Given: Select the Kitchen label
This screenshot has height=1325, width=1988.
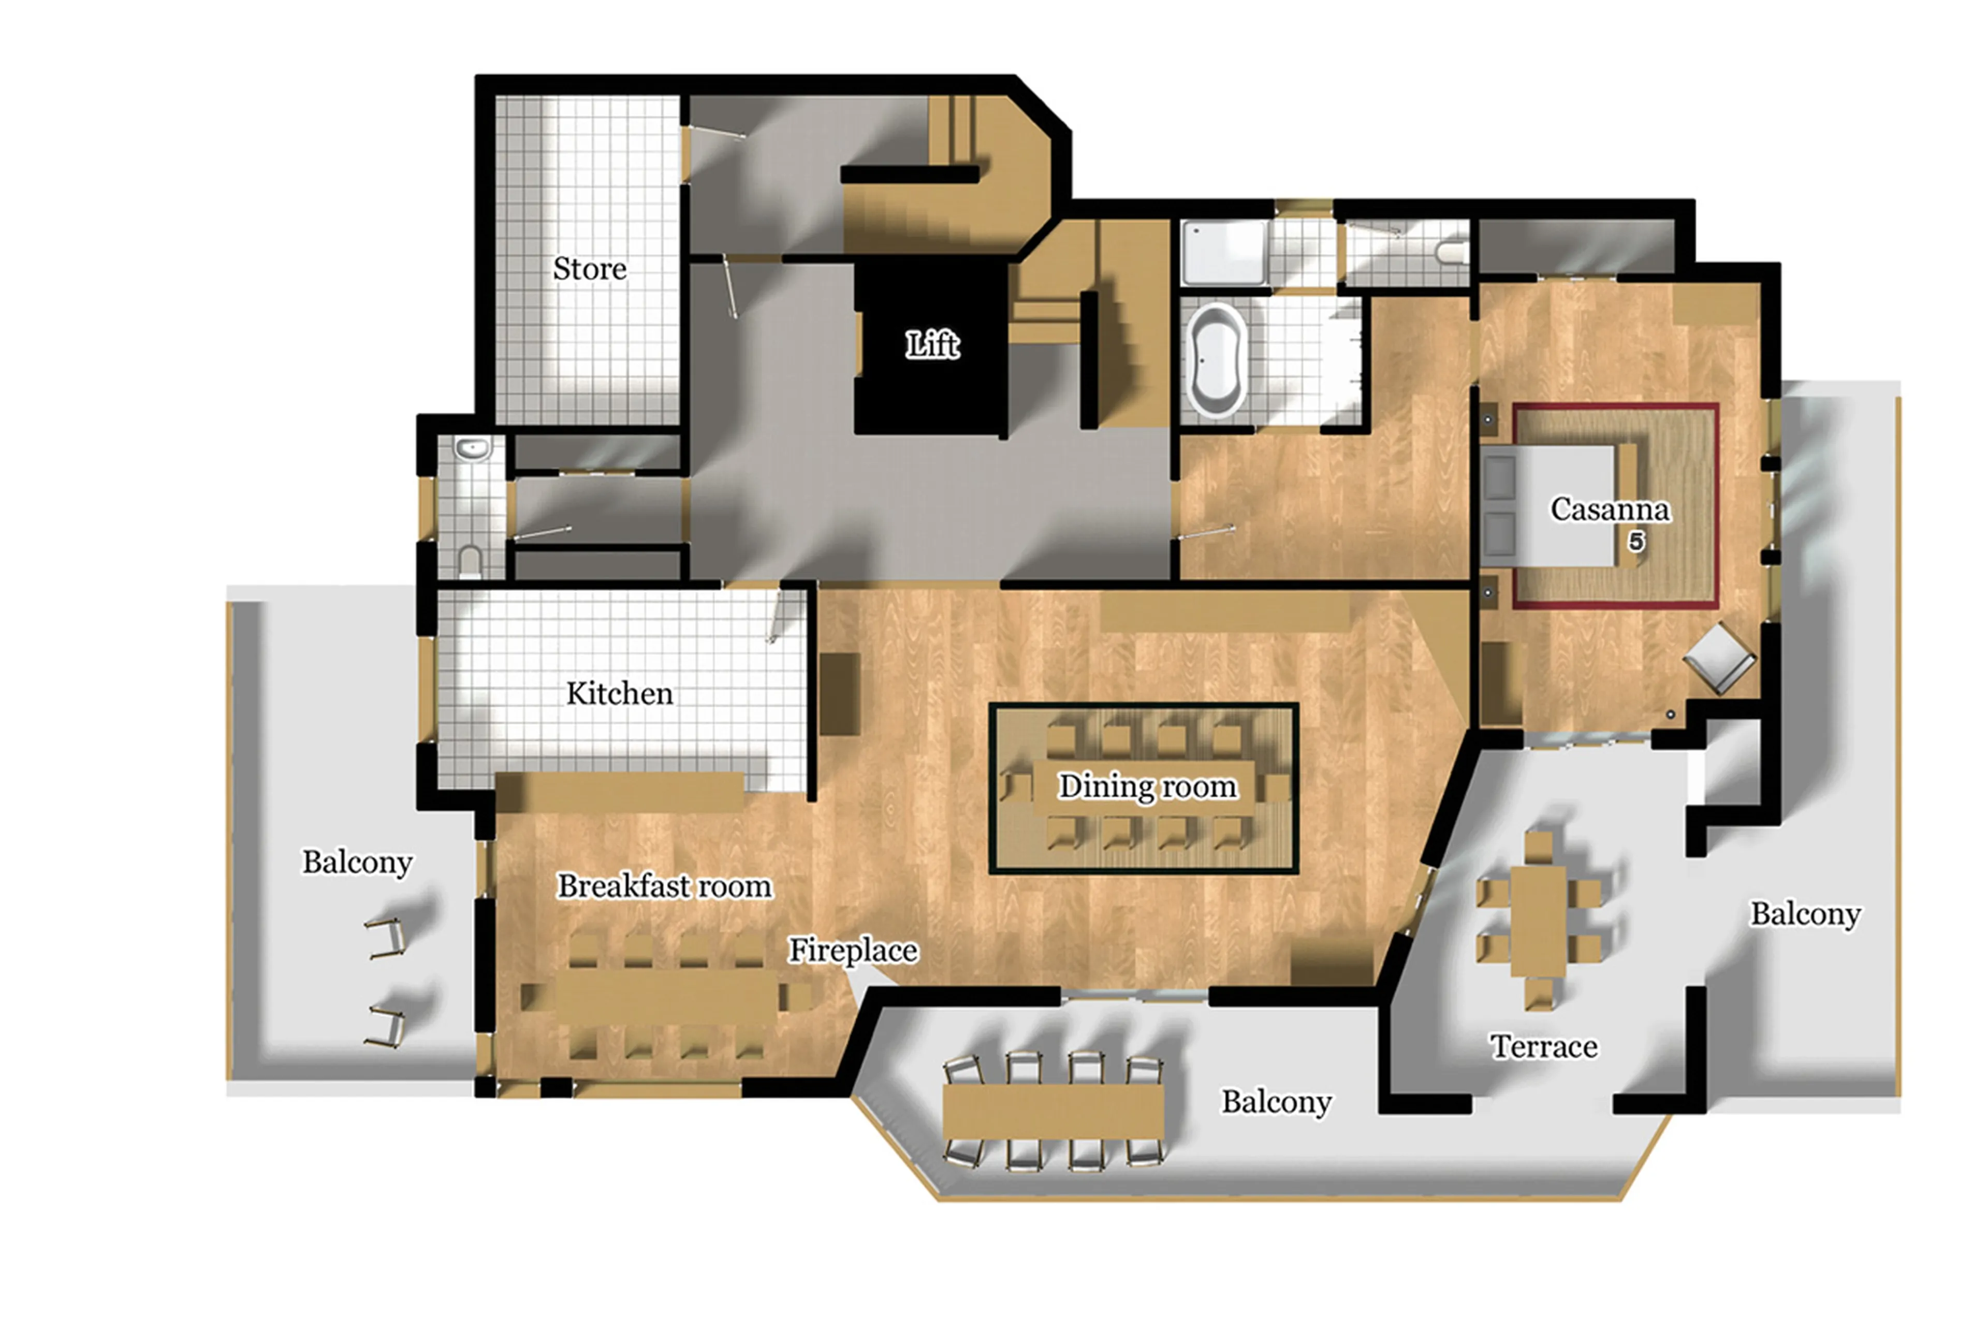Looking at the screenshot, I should tap(619, 694).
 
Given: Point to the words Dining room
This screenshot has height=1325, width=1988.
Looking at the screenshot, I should tap(1147, 787).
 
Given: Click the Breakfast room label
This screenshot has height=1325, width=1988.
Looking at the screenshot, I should tap(664, 886).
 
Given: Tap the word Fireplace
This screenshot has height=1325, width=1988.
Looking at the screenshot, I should tap(853, 951).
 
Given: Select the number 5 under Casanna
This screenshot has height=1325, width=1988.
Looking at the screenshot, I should tap(1635, 542).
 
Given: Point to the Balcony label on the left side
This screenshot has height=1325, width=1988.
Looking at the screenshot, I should tap(357, 863).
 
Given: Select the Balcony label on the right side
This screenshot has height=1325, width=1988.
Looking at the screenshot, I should tap(1805, 914).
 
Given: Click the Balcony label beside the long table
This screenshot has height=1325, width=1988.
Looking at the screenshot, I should tap(1276, 1102).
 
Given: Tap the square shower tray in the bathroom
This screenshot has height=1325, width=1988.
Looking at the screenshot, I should tap(1222, 252).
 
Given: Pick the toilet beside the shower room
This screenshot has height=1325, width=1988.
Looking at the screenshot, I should tap(1452, 252).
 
